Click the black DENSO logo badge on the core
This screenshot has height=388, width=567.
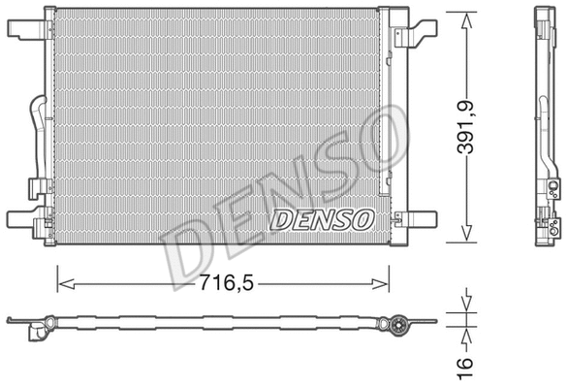(321, 219)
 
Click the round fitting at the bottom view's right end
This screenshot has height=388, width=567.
(398, 327)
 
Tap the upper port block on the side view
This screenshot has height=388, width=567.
(551, 190)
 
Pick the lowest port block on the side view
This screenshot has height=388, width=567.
(551, 228)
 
